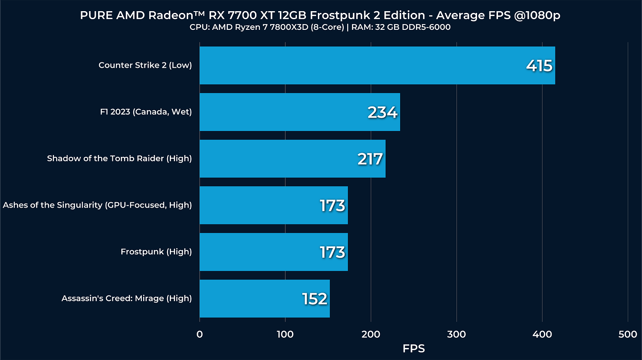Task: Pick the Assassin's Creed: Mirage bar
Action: pyautogui.click(x=250, y=299)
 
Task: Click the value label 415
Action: pyautogui.click(x=539, y=66)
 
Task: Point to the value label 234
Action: pyautogui.click(x=382, y=112)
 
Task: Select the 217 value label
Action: pyautogui.click(x=370, y=159)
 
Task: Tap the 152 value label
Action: pyautogui.click(x=314, y=299)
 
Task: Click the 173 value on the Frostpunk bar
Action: pyautogui.click(x=332, y=252)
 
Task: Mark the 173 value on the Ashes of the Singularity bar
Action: pyautogui.click(x=332, y=205)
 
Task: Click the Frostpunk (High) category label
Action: pyautogui.click(x=156, y=252)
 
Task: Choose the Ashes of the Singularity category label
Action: pyautogui.click(x=97, y=205)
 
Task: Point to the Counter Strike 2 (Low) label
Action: pyautogui.click(x=145, y=65)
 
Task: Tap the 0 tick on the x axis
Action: pyautogui.click(x=199, y=335)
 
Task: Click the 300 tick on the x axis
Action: pyautogui.click(x=457, y=335)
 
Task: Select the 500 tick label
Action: pyautogui.click(x=628, y=335)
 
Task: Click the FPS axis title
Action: pyautogui.click(x=414, y=349)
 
